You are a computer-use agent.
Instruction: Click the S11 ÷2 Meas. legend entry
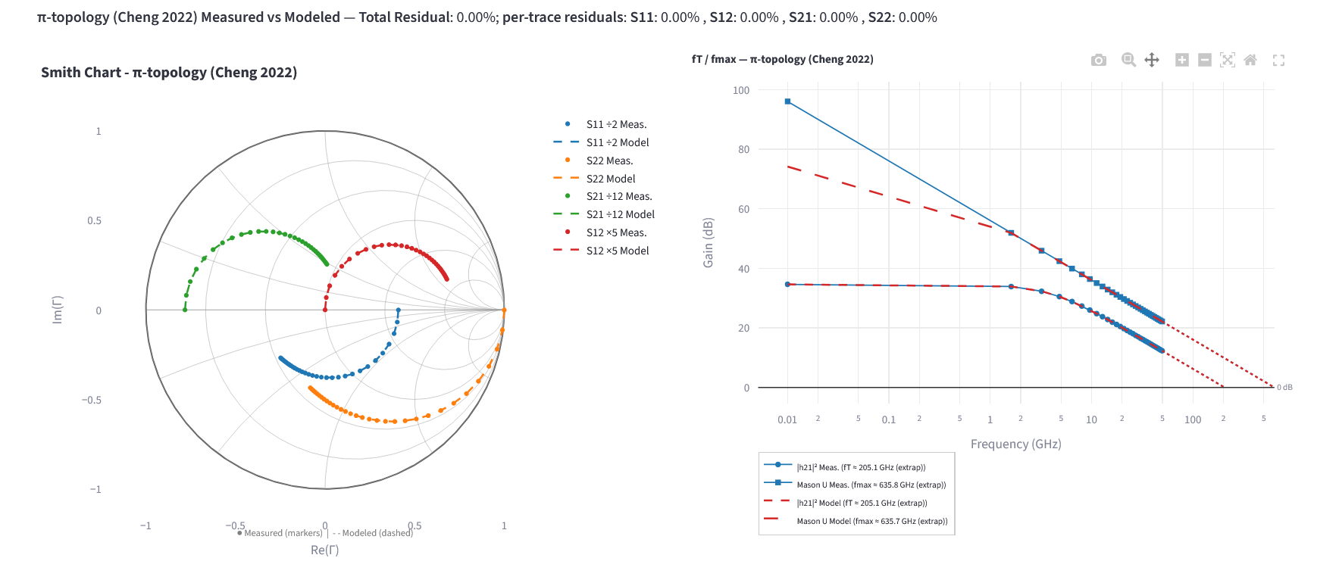pyautogui.click(x=615, y=124)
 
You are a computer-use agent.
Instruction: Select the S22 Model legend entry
pyautogui.click(x=610, y=179)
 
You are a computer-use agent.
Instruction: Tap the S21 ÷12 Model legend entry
pyautogui.click(x=620, y=214)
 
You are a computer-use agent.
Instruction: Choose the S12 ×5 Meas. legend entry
pyautogui.click(x=615, y=232)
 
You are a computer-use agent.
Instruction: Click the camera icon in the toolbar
pyautogui.click(x=1098, y=60)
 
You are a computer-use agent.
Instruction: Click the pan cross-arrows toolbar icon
pyautogui.click(x=1151, y=60)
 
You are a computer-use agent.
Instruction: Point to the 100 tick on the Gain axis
pyautogui.click(x=740, y=90)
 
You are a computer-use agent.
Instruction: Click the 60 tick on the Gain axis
pyautogui.click(x=743, y=209)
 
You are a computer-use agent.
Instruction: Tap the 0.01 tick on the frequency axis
pyautogui.click(x=787, y=419)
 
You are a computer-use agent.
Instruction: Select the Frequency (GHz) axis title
pyautogui.click(x=1015, y=444)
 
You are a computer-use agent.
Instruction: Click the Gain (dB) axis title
pyautogui.click(x=709, y=242)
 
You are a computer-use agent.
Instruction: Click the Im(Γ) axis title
pyautogui.click(x=58, y=310)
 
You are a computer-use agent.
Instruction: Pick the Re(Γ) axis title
pyautogui.click(x=324, y=550)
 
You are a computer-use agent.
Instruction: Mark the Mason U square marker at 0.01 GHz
pyautogui.click(x=787, y=101)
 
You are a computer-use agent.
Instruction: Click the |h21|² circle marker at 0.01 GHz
pyautogui.click(x=787, y=284)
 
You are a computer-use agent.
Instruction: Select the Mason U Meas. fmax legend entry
pyautogui.click(x=871, y=485)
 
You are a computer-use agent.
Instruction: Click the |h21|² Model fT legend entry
pyautogui.click(x=862, y=503)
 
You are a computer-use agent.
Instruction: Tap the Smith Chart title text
pyautogui.click(x=169, y=73)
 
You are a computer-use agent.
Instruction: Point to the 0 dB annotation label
pyautogui.click(x=1284, y=388)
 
